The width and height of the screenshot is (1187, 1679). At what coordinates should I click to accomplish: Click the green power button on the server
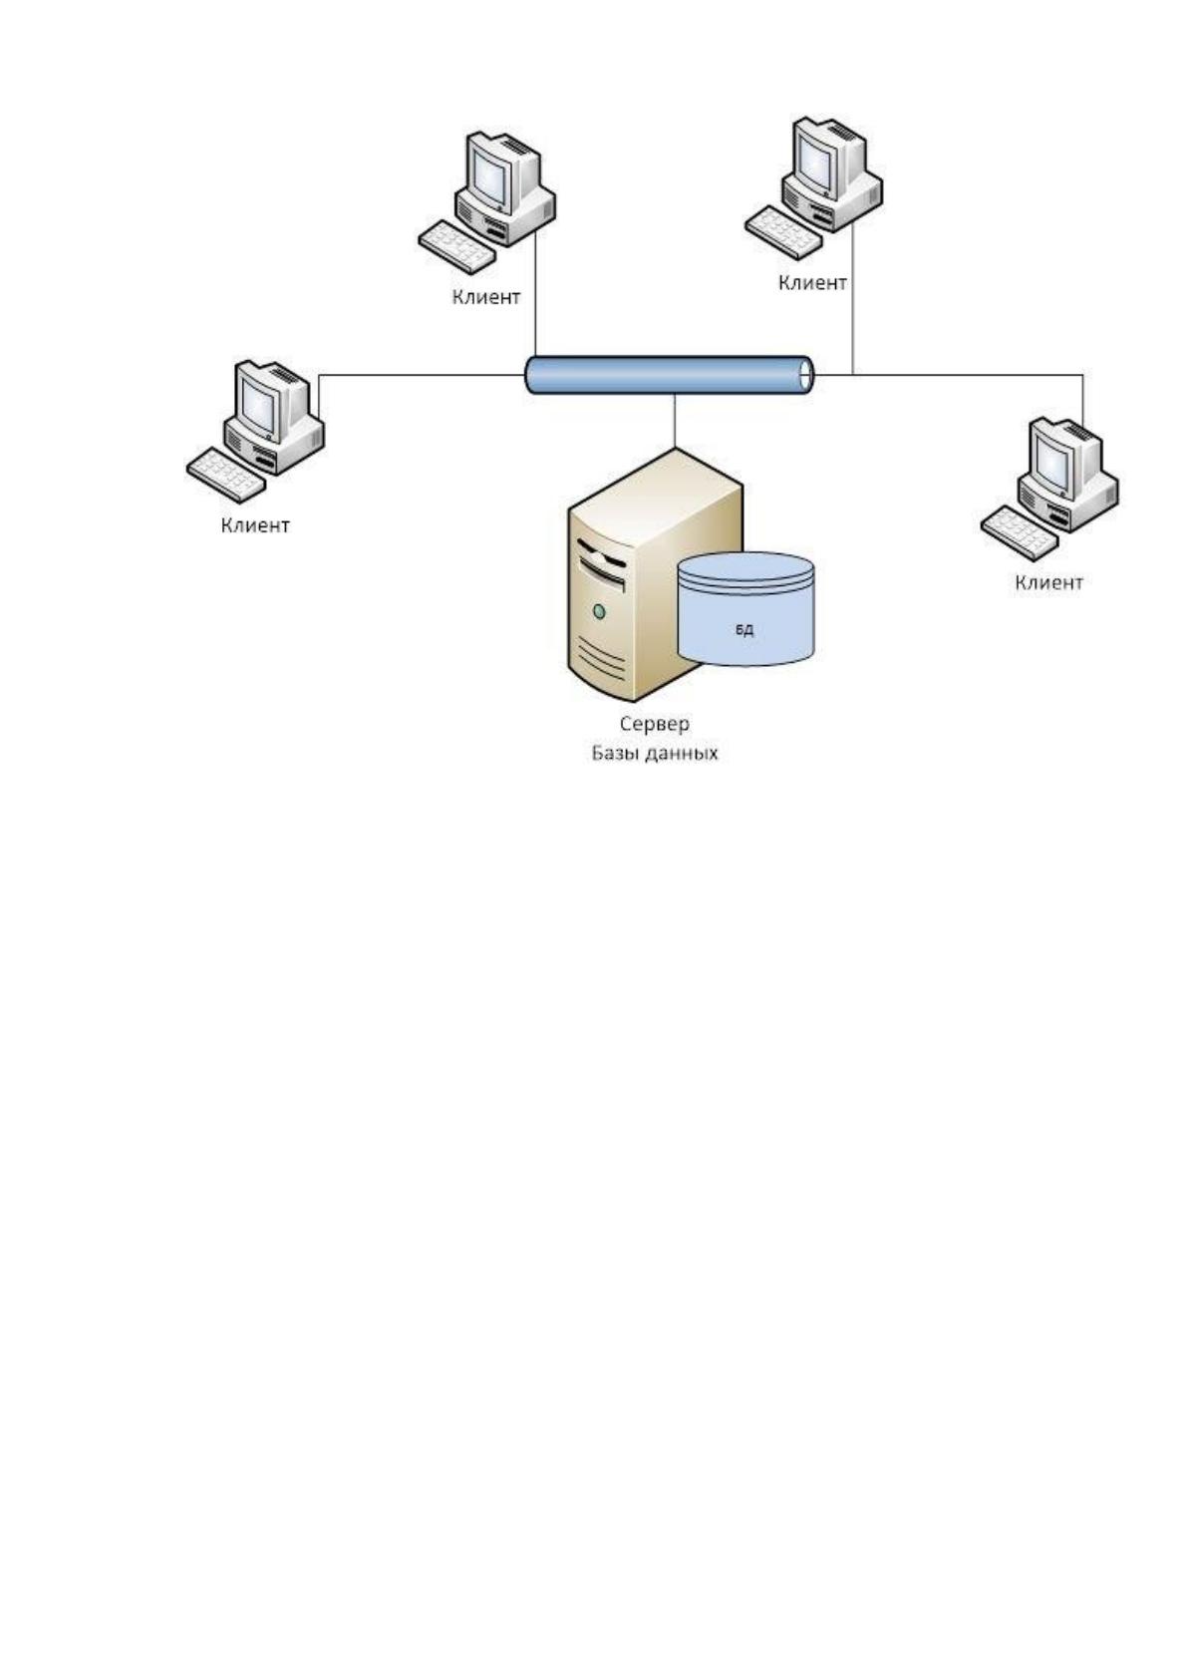point(599,611)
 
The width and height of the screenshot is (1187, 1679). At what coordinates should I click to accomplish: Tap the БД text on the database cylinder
point(744,630)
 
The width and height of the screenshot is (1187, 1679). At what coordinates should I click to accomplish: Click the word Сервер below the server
point(654,725)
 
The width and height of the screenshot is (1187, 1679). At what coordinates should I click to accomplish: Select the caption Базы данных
point(655,753)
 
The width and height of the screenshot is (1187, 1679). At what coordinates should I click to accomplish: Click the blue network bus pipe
point(669,375)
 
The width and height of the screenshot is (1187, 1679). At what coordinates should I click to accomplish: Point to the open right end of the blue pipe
point(806,375)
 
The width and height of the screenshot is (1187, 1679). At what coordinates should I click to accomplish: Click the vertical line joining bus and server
point(675,422)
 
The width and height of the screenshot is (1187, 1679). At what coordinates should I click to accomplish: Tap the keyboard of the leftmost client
point(225,475)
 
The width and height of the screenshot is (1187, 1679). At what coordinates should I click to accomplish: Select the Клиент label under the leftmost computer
point(255,525)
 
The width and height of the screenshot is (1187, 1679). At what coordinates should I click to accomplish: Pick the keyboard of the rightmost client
point(1020,532)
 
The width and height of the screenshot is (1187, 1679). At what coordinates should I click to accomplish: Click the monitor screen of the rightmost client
point(1054,463)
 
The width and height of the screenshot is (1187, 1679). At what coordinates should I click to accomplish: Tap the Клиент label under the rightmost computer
point(1049,582)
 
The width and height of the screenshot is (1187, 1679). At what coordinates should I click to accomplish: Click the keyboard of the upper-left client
point(457,246)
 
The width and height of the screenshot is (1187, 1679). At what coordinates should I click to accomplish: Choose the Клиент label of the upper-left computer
point(485,297)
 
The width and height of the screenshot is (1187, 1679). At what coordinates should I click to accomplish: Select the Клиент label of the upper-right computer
point(812,282)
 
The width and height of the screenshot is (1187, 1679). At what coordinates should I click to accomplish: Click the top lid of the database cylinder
point(745,566)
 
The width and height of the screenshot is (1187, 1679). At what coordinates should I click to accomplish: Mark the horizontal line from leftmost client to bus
point(423,375)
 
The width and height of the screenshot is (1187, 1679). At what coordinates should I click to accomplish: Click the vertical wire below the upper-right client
point(853,297)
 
